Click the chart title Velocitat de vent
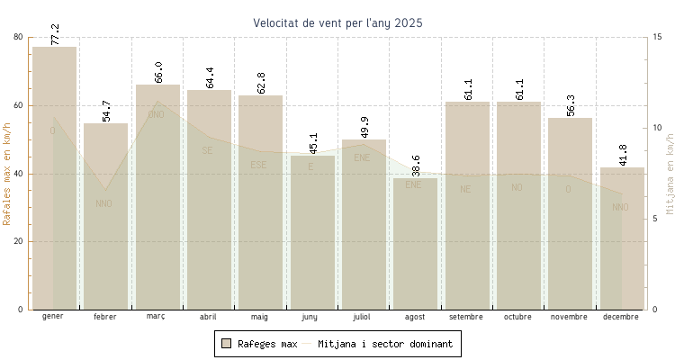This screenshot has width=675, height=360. click(337, 22)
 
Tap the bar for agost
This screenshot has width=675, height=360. click(415, 244)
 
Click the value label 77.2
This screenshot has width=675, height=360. click(55, 34)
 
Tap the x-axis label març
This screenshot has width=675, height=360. click(157, 317)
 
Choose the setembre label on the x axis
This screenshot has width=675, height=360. click(466, 317)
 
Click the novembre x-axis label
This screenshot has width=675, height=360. click(570, 317)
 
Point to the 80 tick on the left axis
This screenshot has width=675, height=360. click(19, 37)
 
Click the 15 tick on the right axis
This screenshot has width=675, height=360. click(658, 37)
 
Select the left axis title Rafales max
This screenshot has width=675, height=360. click(8, 173)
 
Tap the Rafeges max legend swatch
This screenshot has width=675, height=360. click(227, 344)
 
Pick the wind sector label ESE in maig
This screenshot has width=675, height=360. click(258, 165)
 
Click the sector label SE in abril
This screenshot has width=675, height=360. click(208, 150)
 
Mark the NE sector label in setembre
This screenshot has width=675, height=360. click(465, 189)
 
